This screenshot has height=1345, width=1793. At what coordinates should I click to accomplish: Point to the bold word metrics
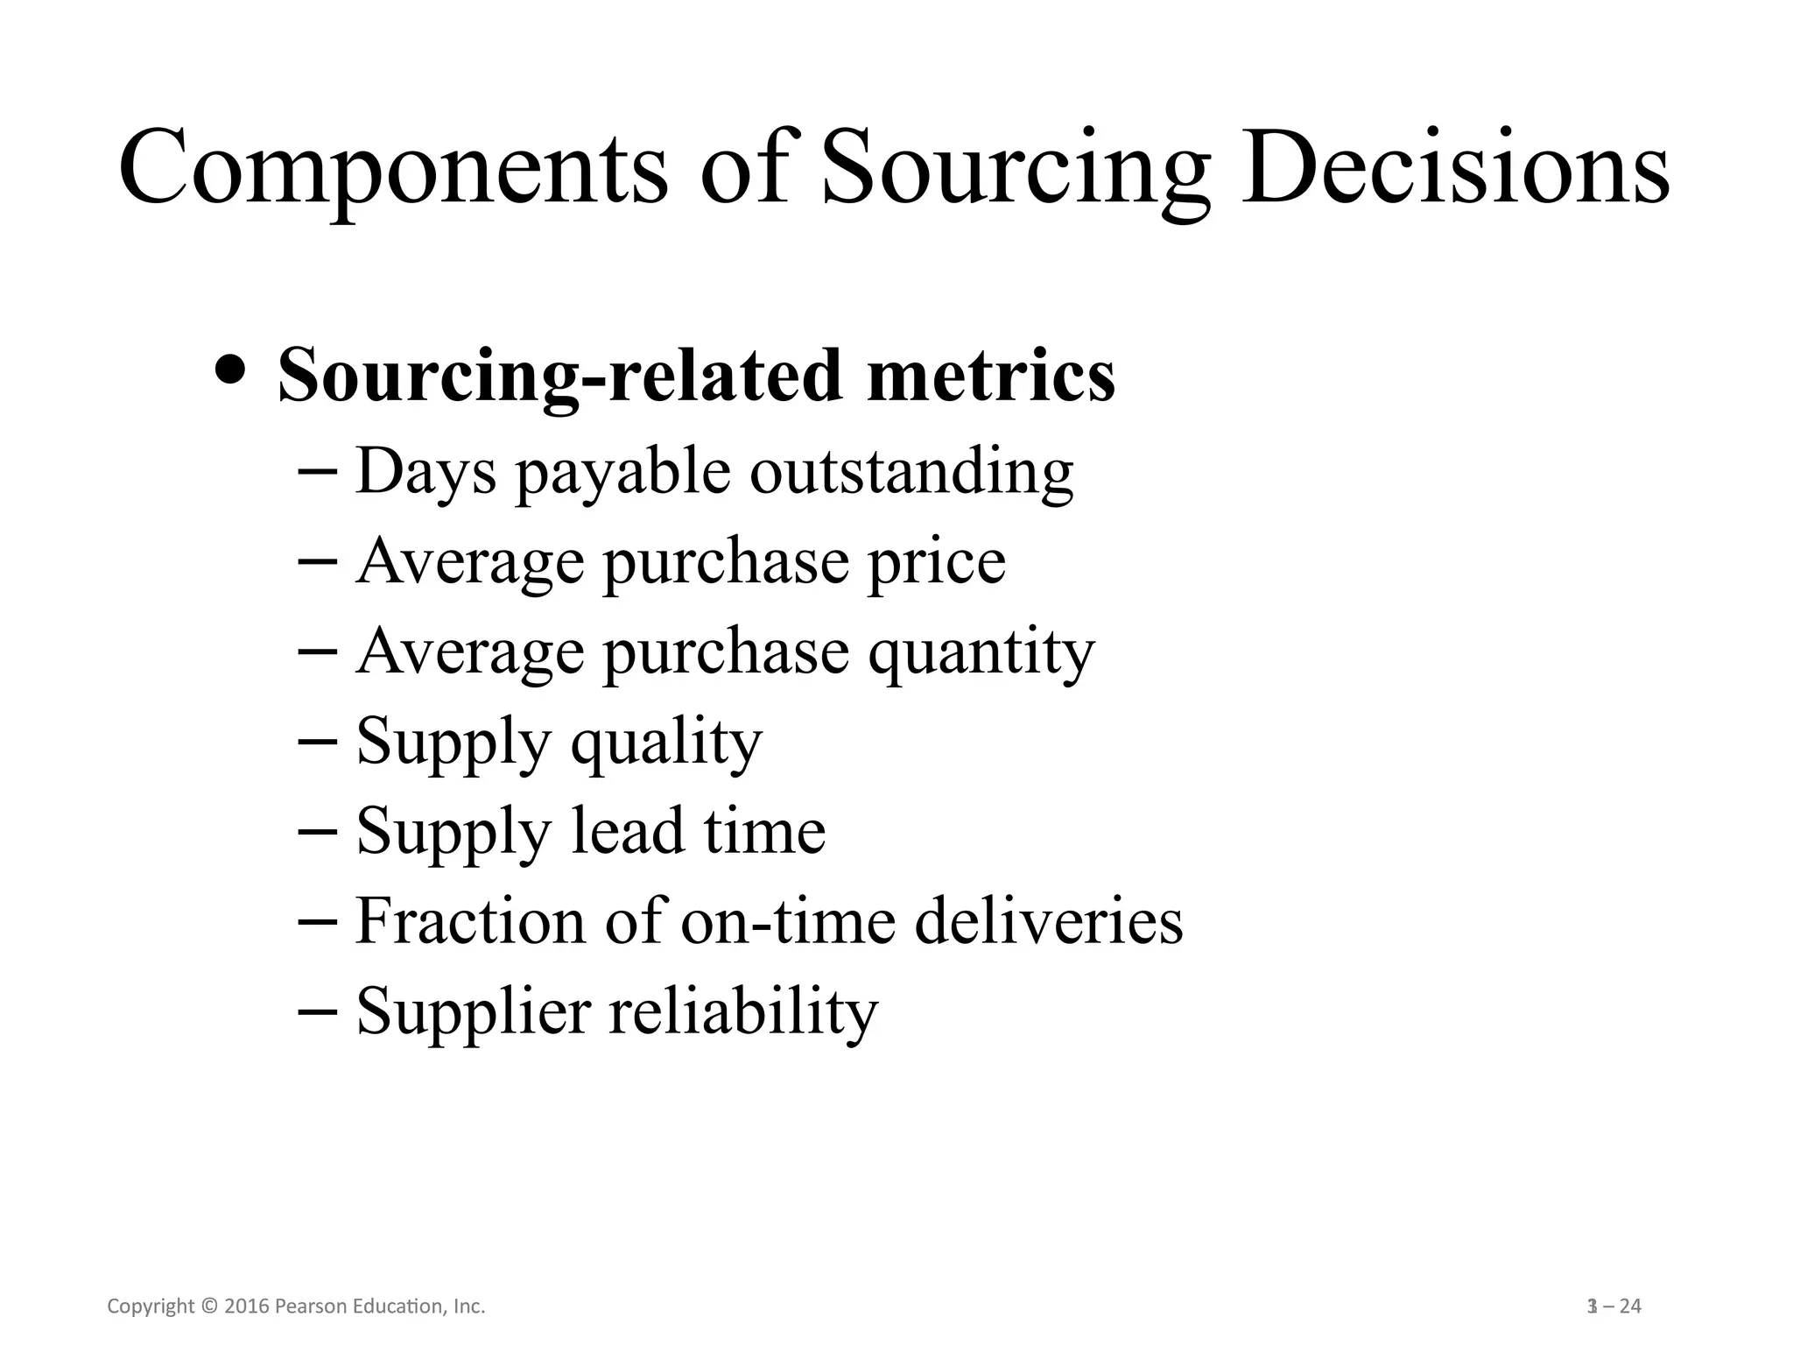pyautogui.click(x=990, y=375)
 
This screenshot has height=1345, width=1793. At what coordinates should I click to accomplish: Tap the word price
pyautogui.click(x=936, y=562)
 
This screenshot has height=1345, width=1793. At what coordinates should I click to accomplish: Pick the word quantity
pyautogui.click(x=981, y=652)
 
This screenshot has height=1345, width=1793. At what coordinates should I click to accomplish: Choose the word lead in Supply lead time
pyautogui.click(x=627, y=831)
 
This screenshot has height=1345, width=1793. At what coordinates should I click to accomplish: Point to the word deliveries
pyautogui.click(x=1049, y=921)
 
